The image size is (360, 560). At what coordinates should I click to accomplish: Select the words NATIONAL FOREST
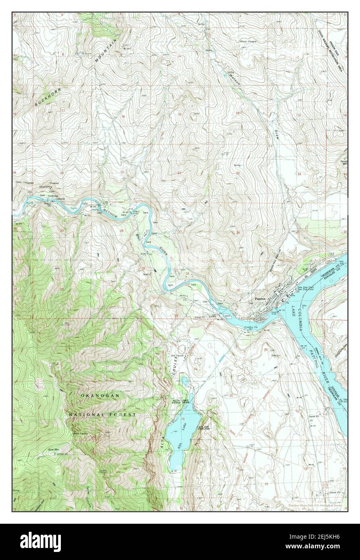click(102, 414)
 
